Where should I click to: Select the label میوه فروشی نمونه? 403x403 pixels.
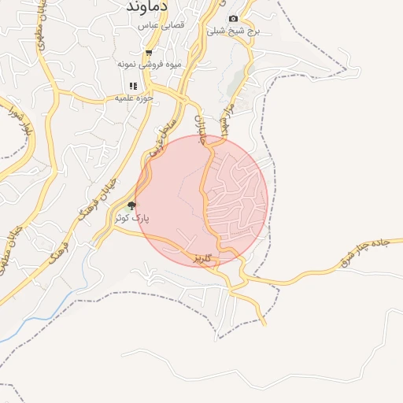pyautogui.click(x=150, y=63)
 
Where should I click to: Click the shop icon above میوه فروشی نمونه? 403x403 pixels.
pyautogui.click(x=149, y=53)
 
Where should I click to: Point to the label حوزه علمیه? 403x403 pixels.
pyautogui.click(x=133, y=98)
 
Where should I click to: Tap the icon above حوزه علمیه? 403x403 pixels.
pyautogui.click(x=133, y=86)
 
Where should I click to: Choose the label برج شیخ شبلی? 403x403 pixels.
pyautogui.click(x=233, y=31)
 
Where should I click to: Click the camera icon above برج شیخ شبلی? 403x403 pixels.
pyautogui.click(x=233, y=19)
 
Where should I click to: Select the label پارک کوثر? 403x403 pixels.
pyautogui.click(x=133, y=216)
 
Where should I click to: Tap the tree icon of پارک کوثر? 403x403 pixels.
pyautogui.click(x=131, y=205)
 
